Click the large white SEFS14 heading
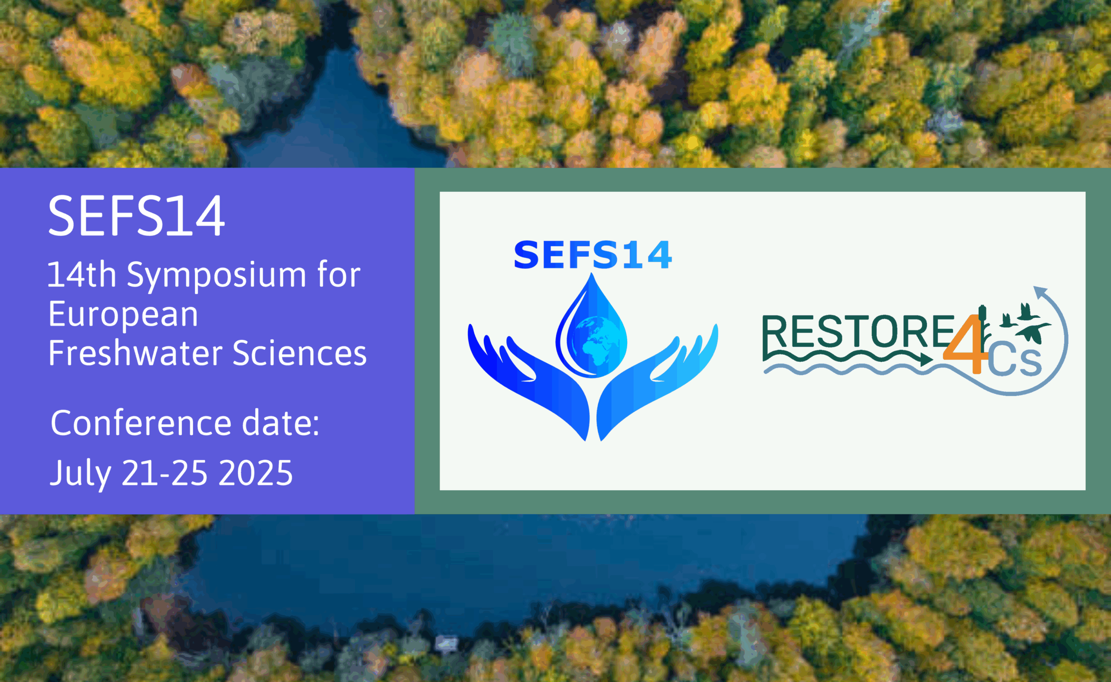coord(136,216)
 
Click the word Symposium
coord(216,276)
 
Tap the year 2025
coord(256,473)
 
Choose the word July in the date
coord(80,474)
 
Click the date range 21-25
coord(164,473)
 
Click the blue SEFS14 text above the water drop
coord(593,255)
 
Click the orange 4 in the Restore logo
coord(965,345)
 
